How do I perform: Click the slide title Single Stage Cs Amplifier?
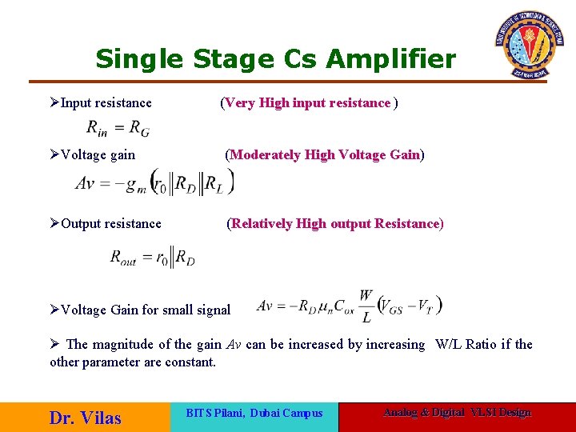(275, 58)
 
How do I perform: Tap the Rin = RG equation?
(118, 127)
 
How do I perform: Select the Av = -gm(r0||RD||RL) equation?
(154, 182)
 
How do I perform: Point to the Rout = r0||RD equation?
(152, 258)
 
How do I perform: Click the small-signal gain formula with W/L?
(350, 306)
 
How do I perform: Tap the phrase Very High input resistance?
(308, 102)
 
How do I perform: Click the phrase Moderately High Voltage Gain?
(325, 154)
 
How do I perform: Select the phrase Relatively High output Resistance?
(334, 223)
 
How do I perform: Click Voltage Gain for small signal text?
(146, 310)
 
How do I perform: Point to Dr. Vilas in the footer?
(85, 418)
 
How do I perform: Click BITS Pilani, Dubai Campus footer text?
(254, 413)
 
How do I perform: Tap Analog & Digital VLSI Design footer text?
(457, 412)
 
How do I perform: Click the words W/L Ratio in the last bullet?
(466, 344)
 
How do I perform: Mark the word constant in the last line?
(190, 362)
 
